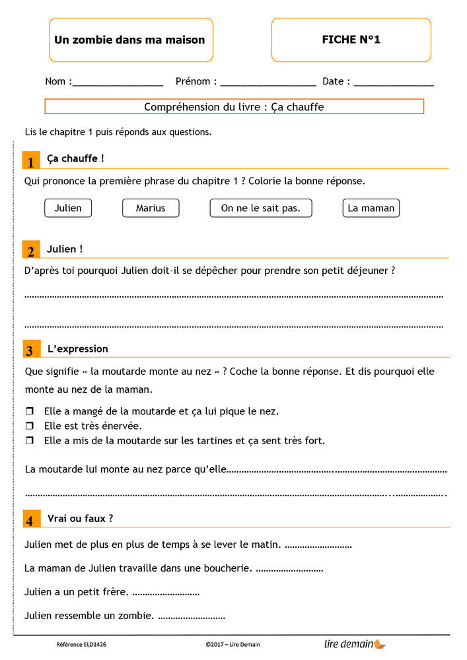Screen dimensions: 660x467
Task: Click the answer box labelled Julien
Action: click(x=68, y=208)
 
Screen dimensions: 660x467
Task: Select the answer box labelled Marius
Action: click(x=151, y=208)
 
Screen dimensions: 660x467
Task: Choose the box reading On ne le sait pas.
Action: click(x=260, y=208)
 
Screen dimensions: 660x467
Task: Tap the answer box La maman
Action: click(x=371, y=208)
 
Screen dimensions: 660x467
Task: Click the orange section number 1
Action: click(x=30, y=161)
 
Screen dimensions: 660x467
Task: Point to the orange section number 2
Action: click(x=30, y=251)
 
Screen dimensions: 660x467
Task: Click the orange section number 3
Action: click(x=30, y=350)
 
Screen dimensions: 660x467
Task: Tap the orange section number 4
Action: click(x=30, y=520)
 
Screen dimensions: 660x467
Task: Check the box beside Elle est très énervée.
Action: click(x=29, y=426)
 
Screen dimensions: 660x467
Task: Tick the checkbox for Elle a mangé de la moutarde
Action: click(x=29, y=412)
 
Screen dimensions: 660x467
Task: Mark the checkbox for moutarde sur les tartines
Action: click(x=29, y=440)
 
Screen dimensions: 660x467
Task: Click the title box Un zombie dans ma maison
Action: click(x=129, y=40)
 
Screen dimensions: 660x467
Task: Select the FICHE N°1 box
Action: click(x=351, y=40)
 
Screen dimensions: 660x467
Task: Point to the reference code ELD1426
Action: click(x=81, y=644)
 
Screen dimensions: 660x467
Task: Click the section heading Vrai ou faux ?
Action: click(x=80, y=519)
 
